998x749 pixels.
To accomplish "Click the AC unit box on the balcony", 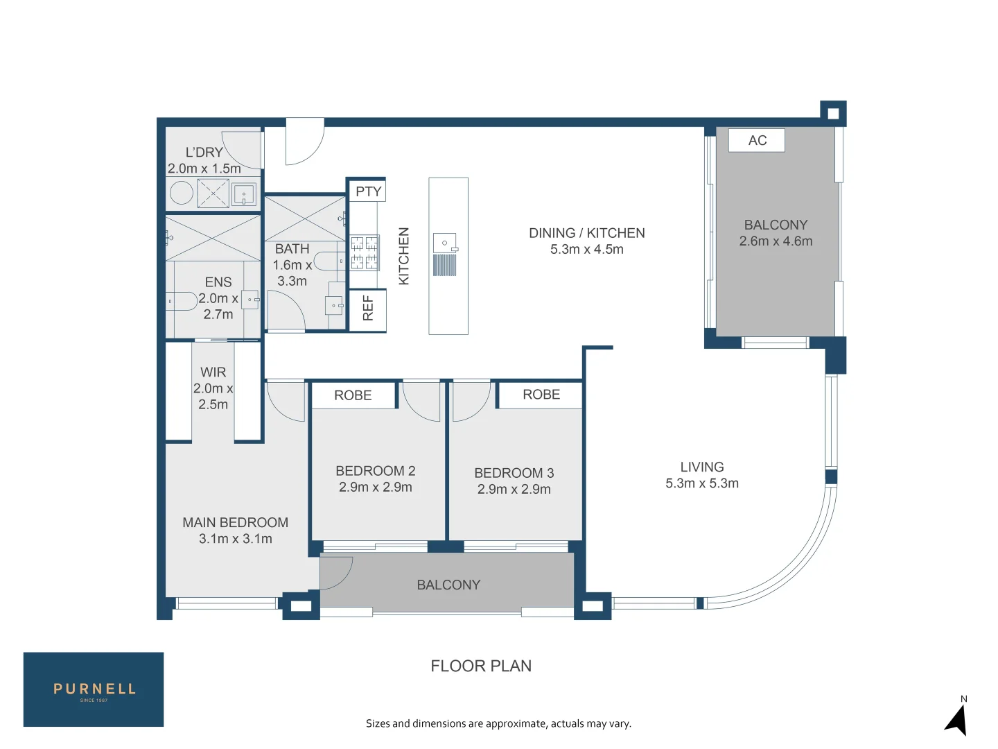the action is tap(756, 140).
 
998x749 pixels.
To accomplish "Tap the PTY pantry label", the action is tap(368, 191).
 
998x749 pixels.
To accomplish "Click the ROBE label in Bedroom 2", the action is tap(353, 395).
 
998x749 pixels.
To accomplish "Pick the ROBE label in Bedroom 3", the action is tap(541, 395).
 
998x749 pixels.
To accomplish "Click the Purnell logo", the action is tap(94, 689).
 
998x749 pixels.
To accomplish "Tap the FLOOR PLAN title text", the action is tap(481, 666).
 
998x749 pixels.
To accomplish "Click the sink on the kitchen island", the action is tap(445, 243).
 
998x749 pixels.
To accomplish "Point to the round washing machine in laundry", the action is tap(182, 193).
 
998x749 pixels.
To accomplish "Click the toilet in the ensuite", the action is tap(182, 301).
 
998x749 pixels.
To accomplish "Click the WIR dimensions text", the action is tap(213, 396).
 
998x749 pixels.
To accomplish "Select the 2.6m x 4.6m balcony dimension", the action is tap(776, 241).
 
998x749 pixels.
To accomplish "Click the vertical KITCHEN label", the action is tap(404, 256).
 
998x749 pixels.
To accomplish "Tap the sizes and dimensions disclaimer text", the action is tap(499, 723).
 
